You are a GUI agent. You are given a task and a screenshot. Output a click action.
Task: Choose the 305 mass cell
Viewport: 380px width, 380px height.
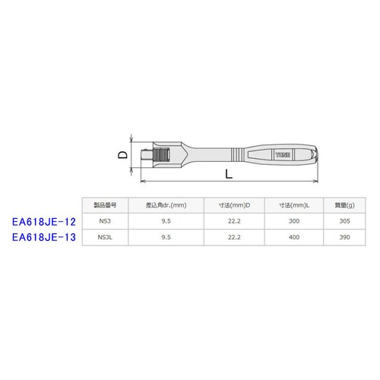(x=341, y=220)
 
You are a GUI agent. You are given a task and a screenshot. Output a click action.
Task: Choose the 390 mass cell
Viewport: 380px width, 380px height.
(x=341, y=236)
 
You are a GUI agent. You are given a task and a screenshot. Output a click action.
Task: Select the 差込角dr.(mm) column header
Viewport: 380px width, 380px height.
(x=166, y=204)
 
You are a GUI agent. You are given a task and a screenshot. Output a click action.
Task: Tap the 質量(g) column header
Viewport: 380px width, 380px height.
(x=341, y=204)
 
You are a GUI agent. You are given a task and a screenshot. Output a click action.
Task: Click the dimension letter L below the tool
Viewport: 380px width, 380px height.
(x=227, y=175)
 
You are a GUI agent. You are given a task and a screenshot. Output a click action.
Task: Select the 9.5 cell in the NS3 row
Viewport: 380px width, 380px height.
(x=166, y=220)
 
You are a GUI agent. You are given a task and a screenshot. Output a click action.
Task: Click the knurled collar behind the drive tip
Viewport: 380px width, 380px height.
(x=160, y=156)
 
